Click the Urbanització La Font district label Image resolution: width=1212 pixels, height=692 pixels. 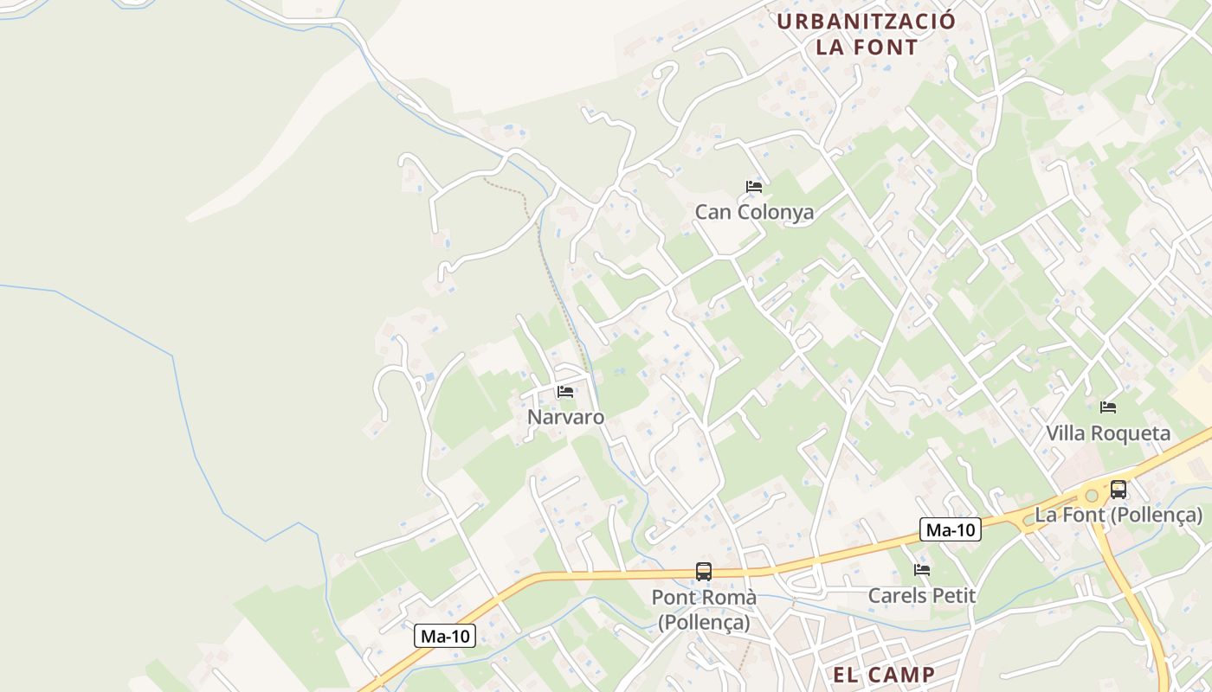click(866, 34)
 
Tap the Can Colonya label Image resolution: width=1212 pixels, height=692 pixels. click(754, 212)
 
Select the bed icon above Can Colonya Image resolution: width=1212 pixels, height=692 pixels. click(754, 186)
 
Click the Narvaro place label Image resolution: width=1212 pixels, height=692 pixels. click(566, 417)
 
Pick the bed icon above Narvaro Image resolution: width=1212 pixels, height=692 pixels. click(565, 392)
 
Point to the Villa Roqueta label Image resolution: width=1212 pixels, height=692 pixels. click(1108, 433)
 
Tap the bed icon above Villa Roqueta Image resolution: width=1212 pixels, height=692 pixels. click(1108, 407)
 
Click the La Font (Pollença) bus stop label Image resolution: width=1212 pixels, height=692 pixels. click(1119, 516)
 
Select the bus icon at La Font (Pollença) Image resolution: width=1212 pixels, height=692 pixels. click(1119, 490)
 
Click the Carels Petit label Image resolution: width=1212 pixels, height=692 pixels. click(922, 596)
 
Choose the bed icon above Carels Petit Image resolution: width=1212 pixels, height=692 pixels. click(922, 570)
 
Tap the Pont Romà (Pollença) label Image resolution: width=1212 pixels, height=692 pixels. click(704, 609)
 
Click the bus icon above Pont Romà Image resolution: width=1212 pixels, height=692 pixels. click(704, 572)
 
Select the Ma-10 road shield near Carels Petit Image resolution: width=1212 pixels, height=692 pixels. click(950, 529)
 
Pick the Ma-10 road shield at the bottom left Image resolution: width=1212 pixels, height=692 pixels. click(445, 637)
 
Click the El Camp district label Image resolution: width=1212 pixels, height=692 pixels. click(883, 675)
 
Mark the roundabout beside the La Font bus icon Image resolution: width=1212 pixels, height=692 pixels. click(1092, 496)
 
